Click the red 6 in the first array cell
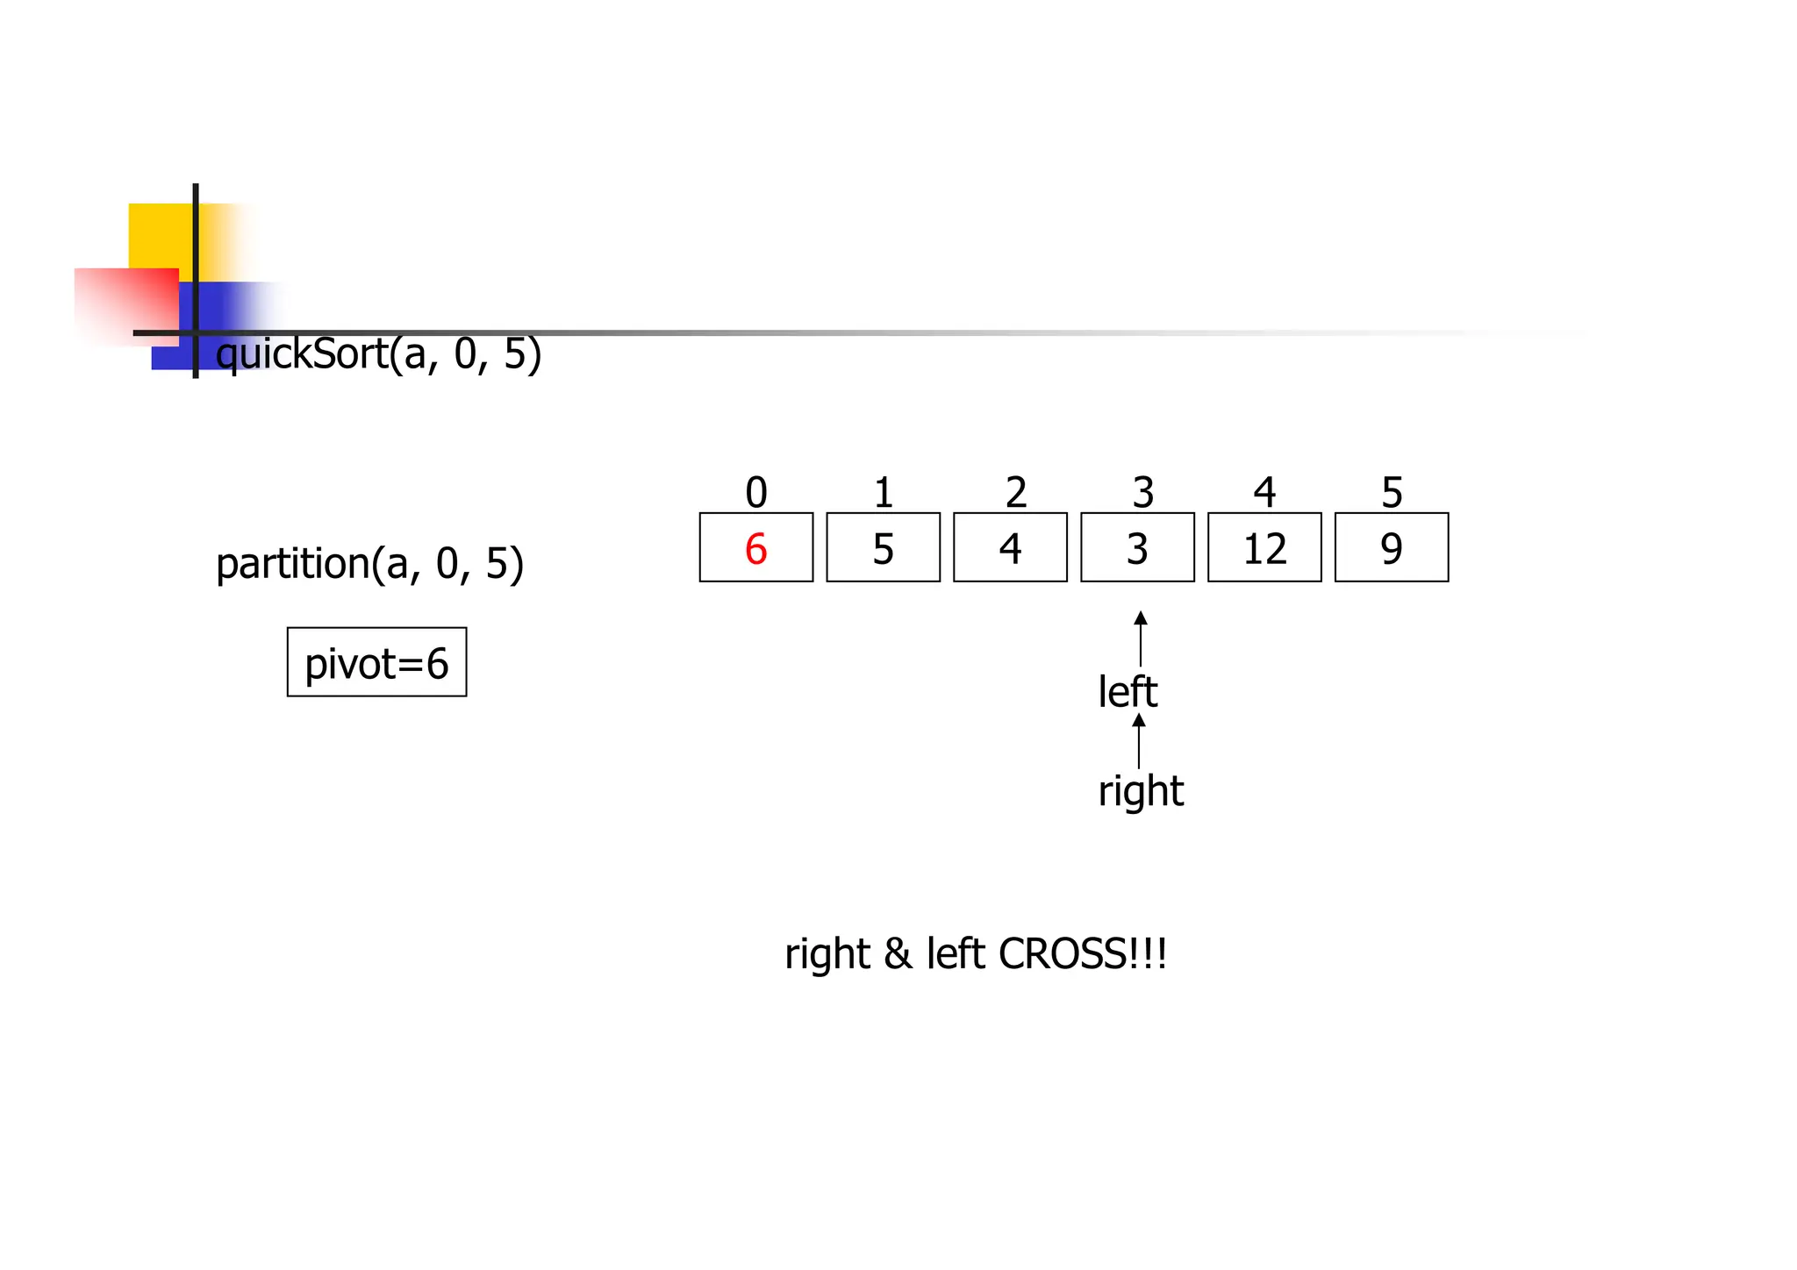(755, 549)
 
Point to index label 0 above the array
(755, 493)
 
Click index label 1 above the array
(883, 493)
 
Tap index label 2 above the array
(1015, 493)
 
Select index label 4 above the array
(1264, 493)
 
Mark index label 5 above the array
(1392, 493)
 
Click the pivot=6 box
(376, 663)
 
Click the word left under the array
(1128, 692)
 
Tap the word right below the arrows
(1141, 791)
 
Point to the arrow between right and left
(1139, 741)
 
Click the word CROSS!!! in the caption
(1083, 953)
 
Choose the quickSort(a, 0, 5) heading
(378, 354)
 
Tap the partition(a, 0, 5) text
(369, 564)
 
